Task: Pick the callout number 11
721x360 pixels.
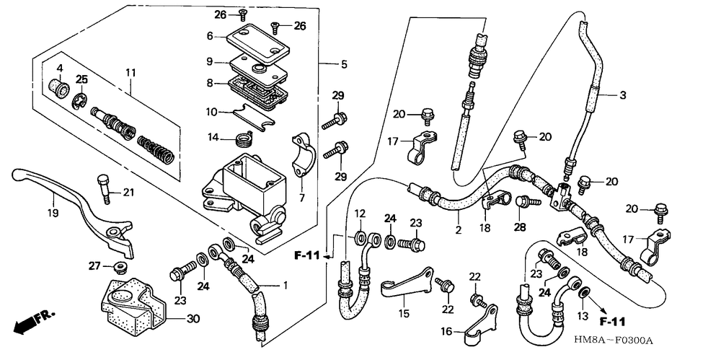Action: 131,72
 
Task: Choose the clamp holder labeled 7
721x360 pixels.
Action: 300,154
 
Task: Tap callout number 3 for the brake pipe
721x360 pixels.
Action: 623,95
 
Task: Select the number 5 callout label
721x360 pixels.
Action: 345,64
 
